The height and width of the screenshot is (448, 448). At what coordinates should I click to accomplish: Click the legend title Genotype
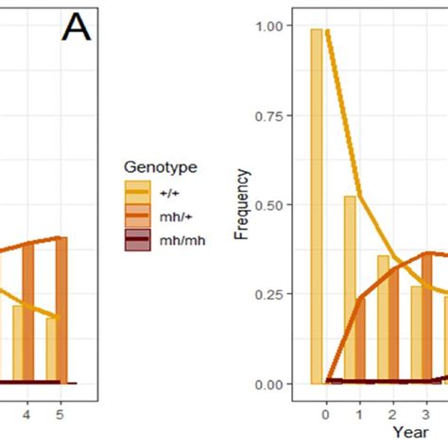tap(161, 167)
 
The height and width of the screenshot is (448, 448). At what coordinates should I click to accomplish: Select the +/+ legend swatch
tap(137, 189)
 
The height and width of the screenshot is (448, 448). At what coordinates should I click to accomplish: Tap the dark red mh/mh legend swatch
tap(137, 240)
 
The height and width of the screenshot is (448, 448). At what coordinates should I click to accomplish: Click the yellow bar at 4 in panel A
tap(18, 344)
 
